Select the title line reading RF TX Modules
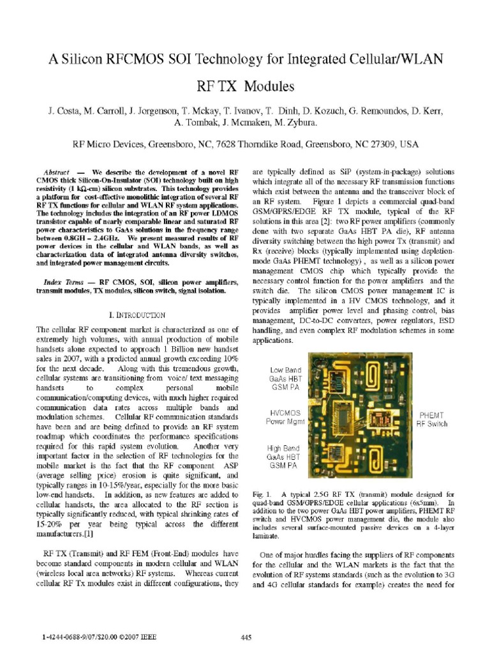[246, 86]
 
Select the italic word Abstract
[57, 173]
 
